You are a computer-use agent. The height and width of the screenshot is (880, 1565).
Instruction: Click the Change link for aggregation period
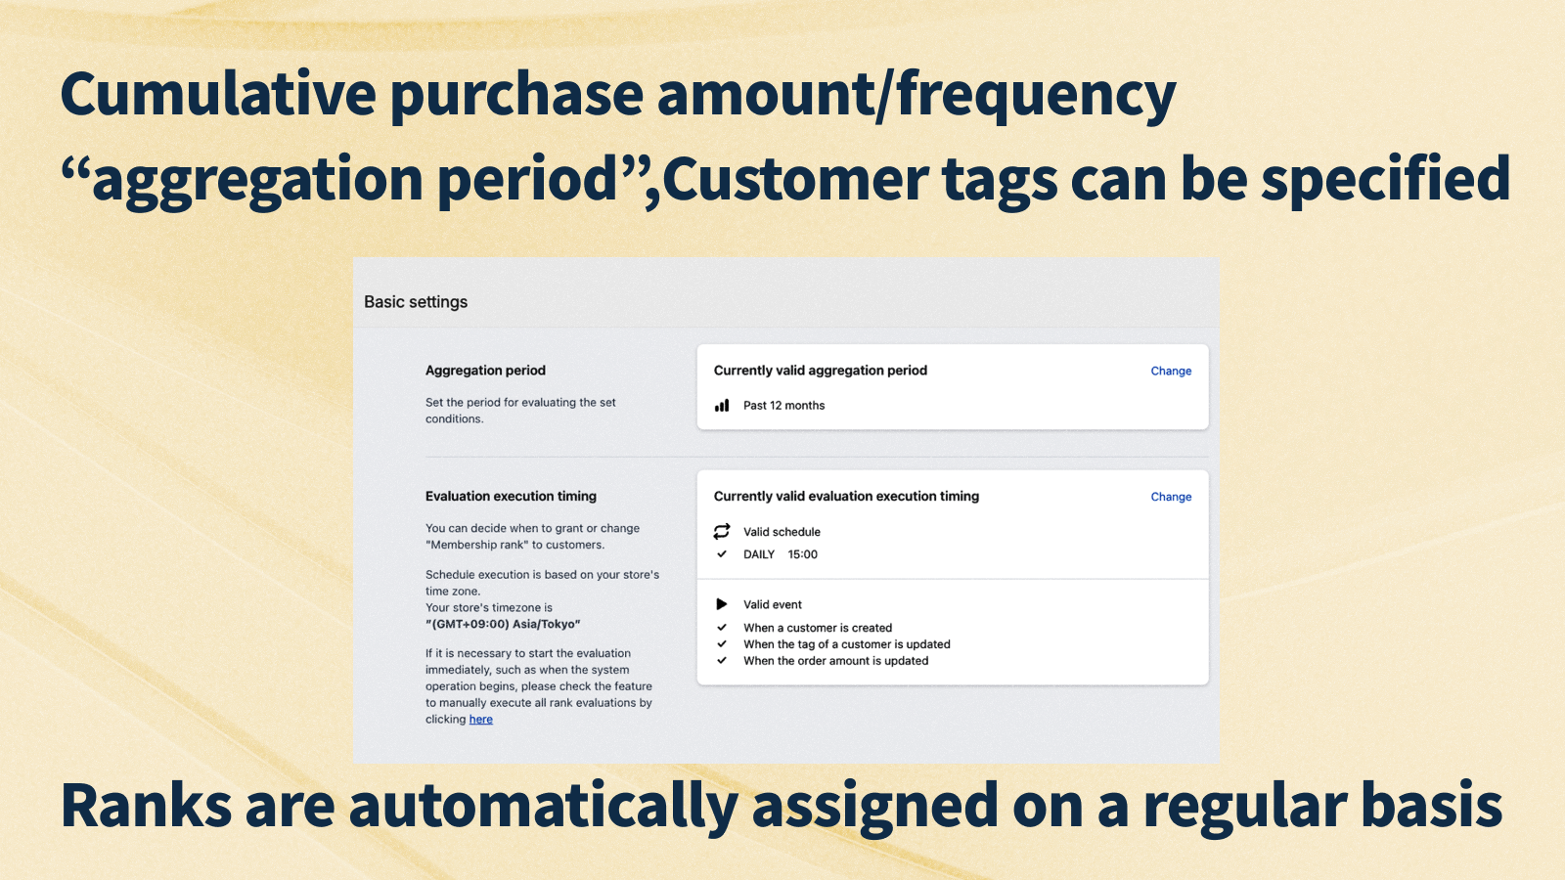pyautogui.click(x=1171, y=372)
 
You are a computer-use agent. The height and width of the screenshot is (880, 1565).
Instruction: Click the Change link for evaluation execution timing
pyautogui.click(x=1171, y=498)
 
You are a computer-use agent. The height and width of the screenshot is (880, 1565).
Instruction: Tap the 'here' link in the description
pyautogui.click(x=480, y=720)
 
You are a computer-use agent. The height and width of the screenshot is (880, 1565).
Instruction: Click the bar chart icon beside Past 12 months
pyautogui.click(x=722, y=406)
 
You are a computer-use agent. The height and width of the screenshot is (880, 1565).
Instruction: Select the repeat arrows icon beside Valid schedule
pyautogui.click(x=722, y=532)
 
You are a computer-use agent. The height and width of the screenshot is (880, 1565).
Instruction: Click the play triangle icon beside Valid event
pyautogui.click(x=722, y=604)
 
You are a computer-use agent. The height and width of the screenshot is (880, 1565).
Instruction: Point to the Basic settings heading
pyautogui.click(x=416, y=302)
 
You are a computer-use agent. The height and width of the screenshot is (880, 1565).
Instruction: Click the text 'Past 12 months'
pyautogui.click(x=783, y=406)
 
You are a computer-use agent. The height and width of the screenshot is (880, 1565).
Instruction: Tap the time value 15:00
pyautogui.click(x=802, y=554)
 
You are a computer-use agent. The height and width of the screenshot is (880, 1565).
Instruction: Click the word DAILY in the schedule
pyautogui.click(x=758, y=554)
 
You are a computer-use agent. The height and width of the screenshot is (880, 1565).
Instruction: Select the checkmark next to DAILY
pyautogui.click(x=722, y=554)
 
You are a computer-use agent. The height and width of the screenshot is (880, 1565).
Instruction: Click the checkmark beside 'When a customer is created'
pyautogui.click(x=722, y=628)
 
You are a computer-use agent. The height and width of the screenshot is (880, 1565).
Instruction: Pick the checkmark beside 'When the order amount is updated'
pyautogui.click(x=722, y=661)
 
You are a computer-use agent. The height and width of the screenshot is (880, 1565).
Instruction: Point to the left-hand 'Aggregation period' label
pyautogui.click(x=485, y=371)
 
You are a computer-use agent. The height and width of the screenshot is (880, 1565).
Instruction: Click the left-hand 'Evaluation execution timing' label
pyautogui.click(x=511, y=497)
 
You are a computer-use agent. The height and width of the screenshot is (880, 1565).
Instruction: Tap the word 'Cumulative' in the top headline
pyautogui.click(x=218, y=95)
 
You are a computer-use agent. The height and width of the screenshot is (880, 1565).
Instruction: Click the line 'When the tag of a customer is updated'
pyautogui.click(x=846, y=644)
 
